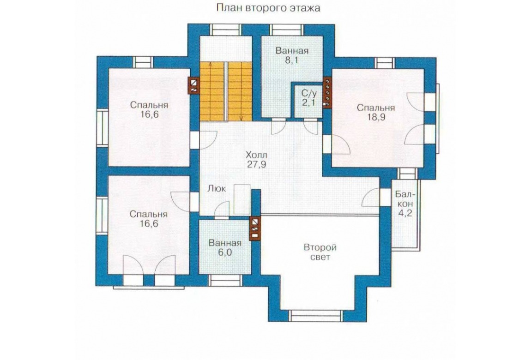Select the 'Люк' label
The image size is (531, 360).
217,188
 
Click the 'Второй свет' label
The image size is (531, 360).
320,252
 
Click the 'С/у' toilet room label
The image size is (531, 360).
308,94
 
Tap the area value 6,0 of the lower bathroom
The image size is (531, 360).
225,252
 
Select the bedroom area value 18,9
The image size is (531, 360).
375,117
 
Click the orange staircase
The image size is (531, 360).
226,91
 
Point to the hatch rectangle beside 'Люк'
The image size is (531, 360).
242,199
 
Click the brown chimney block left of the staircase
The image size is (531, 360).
194,85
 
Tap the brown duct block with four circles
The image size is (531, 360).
327,93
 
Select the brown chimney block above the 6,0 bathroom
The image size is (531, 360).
255,228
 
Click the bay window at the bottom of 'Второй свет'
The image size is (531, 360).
316,316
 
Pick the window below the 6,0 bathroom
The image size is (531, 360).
225,281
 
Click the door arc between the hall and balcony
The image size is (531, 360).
371,198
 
